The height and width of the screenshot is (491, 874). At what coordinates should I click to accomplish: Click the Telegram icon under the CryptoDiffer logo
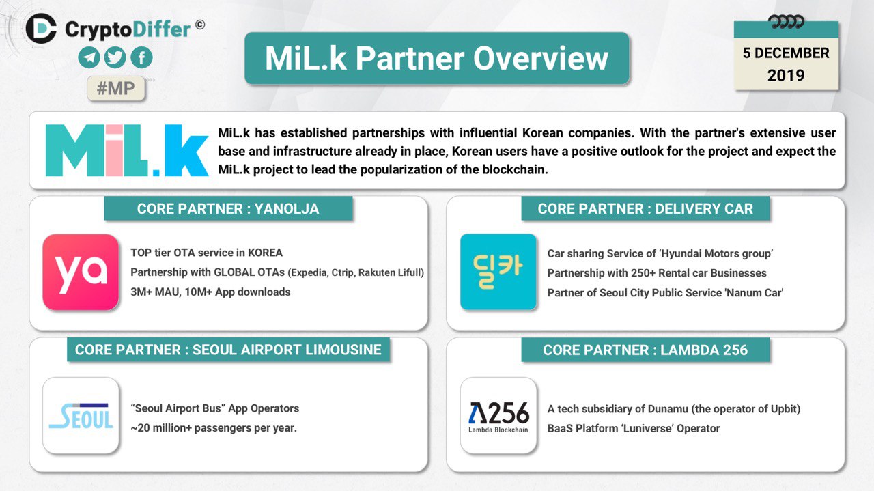coord(89,58)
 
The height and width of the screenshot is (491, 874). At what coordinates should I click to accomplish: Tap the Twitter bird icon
coord(115,58)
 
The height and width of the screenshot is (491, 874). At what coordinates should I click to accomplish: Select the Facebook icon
coord(141,58)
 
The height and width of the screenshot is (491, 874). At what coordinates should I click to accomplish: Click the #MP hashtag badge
coord(116,89)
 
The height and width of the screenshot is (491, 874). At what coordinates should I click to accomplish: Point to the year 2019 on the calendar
coord(786,75)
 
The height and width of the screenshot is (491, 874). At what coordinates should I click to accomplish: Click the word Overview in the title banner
coord(541,59)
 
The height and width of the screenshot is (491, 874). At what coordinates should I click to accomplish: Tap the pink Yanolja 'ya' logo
coord(81,272)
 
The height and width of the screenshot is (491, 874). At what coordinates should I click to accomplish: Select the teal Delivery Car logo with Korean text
coord(498,272)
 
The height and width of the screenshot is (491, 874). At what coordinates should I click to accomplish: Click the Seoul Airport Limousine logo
coord(81,415)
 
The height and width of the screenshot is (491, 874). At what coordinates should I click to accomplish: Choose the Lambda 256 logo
coord(498,415)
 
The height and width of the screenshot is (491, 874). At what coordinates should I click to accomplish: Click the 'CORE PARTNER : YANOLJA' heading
coord(228,209)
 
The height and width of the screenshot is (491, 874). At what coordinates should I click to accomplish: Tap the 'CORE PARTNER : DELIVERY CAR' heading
coord(645,209)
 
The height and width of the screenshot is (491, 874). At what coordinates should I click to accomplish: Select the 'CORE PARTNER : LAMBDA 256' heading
coord(645,350)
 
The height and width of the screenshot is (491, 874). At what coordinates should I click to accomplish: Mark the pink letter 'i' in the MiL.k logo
coord(114,150)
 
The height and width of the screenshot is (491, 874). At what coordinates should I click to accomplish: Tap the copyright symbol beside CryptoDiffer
coord(200,25)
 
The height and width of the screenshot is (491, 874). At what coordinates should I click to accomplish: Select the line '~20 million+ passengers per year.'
coord(214,428)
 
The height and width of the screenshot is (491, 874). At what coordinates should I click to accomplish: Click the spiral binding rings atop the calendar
coord(786,22)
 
